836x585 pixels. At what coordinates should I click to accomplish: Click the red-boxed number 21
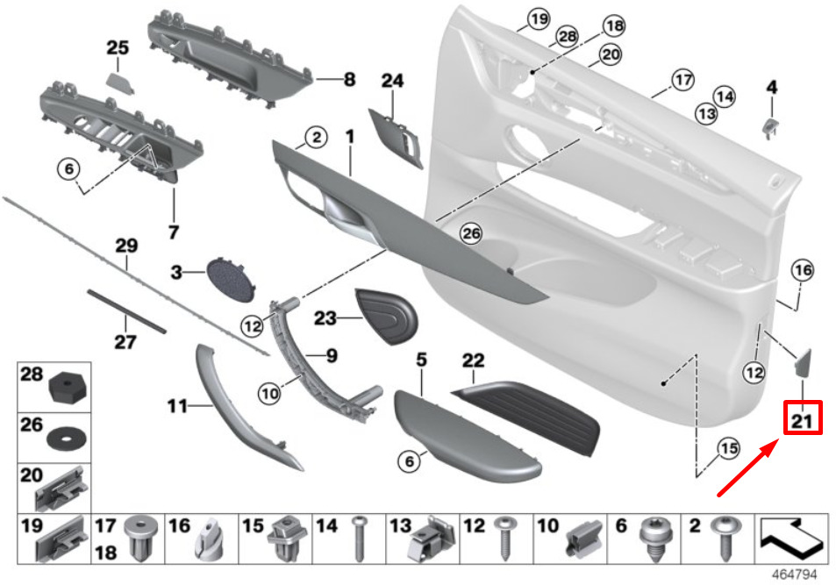(x=802, y=420)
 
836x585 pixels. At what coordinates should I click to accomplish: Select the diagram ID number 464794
(x=795, y=574)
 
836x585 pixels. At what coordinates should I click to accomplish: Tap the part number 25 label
(x=118, y=47)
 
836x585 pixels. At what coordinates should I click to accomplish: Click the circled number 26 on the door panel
(x=471, y=233)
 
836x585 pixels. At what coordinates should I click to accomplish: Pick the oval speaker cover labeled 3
(x=231, y=279)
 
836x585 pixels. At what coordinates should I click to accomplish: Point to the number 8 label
(x=349, y=80)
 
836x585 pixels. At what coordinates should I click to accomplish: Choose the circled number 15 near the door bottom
(x=728, y=448)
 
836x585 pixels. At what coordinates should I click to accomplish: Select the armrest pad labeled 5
(x=467, y=436)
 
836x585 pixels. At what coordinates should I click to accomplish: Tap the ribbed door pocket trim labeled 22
(x=526, y=416)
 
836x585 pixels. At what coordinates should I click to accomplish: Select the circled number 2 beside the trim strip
(x=317, y=138)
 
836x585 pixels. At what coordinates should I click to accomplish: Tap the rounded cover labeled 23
(x=388, y=316)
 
